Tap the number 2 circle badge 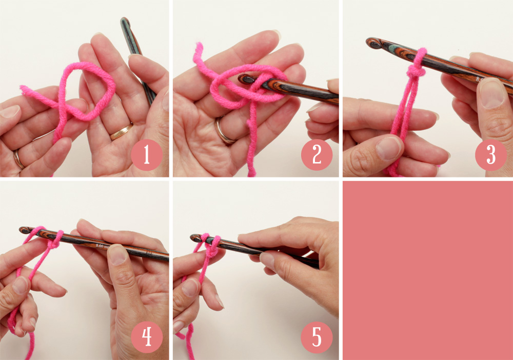[x=317, y=155]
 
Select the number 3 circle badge [x=490, y=155]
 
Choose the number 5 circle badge [x=317, y=337]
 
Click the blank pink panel [x=427, y=269]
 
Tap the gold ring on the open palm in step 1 [x=122, y=132]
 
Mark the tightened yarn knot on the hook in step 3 [x=416, y=72]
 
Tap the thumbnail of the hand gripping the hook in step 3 [x=492, y=93]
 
